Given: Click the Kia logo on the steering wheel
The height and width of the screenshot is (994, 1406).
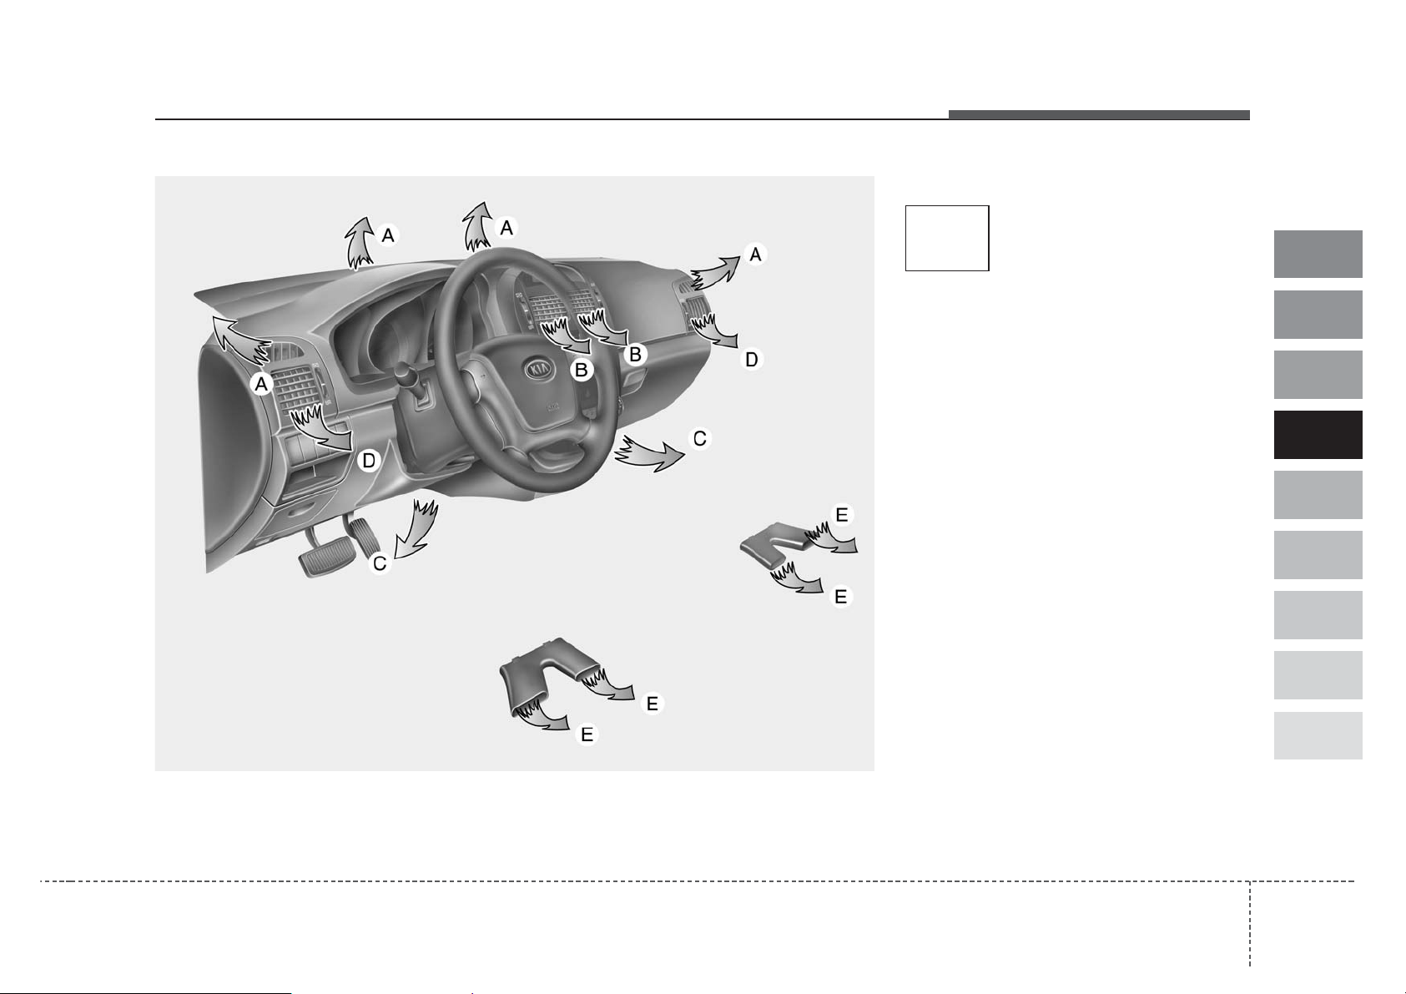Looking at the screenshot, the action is [541, 369].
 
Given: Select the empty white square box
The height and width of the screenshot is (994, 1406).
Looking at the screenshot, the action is [946, 238].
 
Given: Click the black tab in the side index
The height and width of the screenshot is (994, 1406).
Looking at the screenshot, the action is [1318, 435].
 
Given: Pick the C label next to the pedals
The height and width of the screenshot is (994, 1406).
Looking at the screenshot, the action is [379, 563].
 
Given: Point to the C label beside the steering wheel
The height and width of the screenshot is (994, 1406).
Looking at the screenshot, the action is [699, 438].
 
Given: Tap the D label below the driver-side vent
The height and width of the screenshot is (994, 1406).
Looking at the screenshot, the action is [369, 460].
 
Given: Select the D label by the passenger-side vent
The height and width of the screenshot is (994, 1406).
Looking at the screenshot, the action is [751, 359].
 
